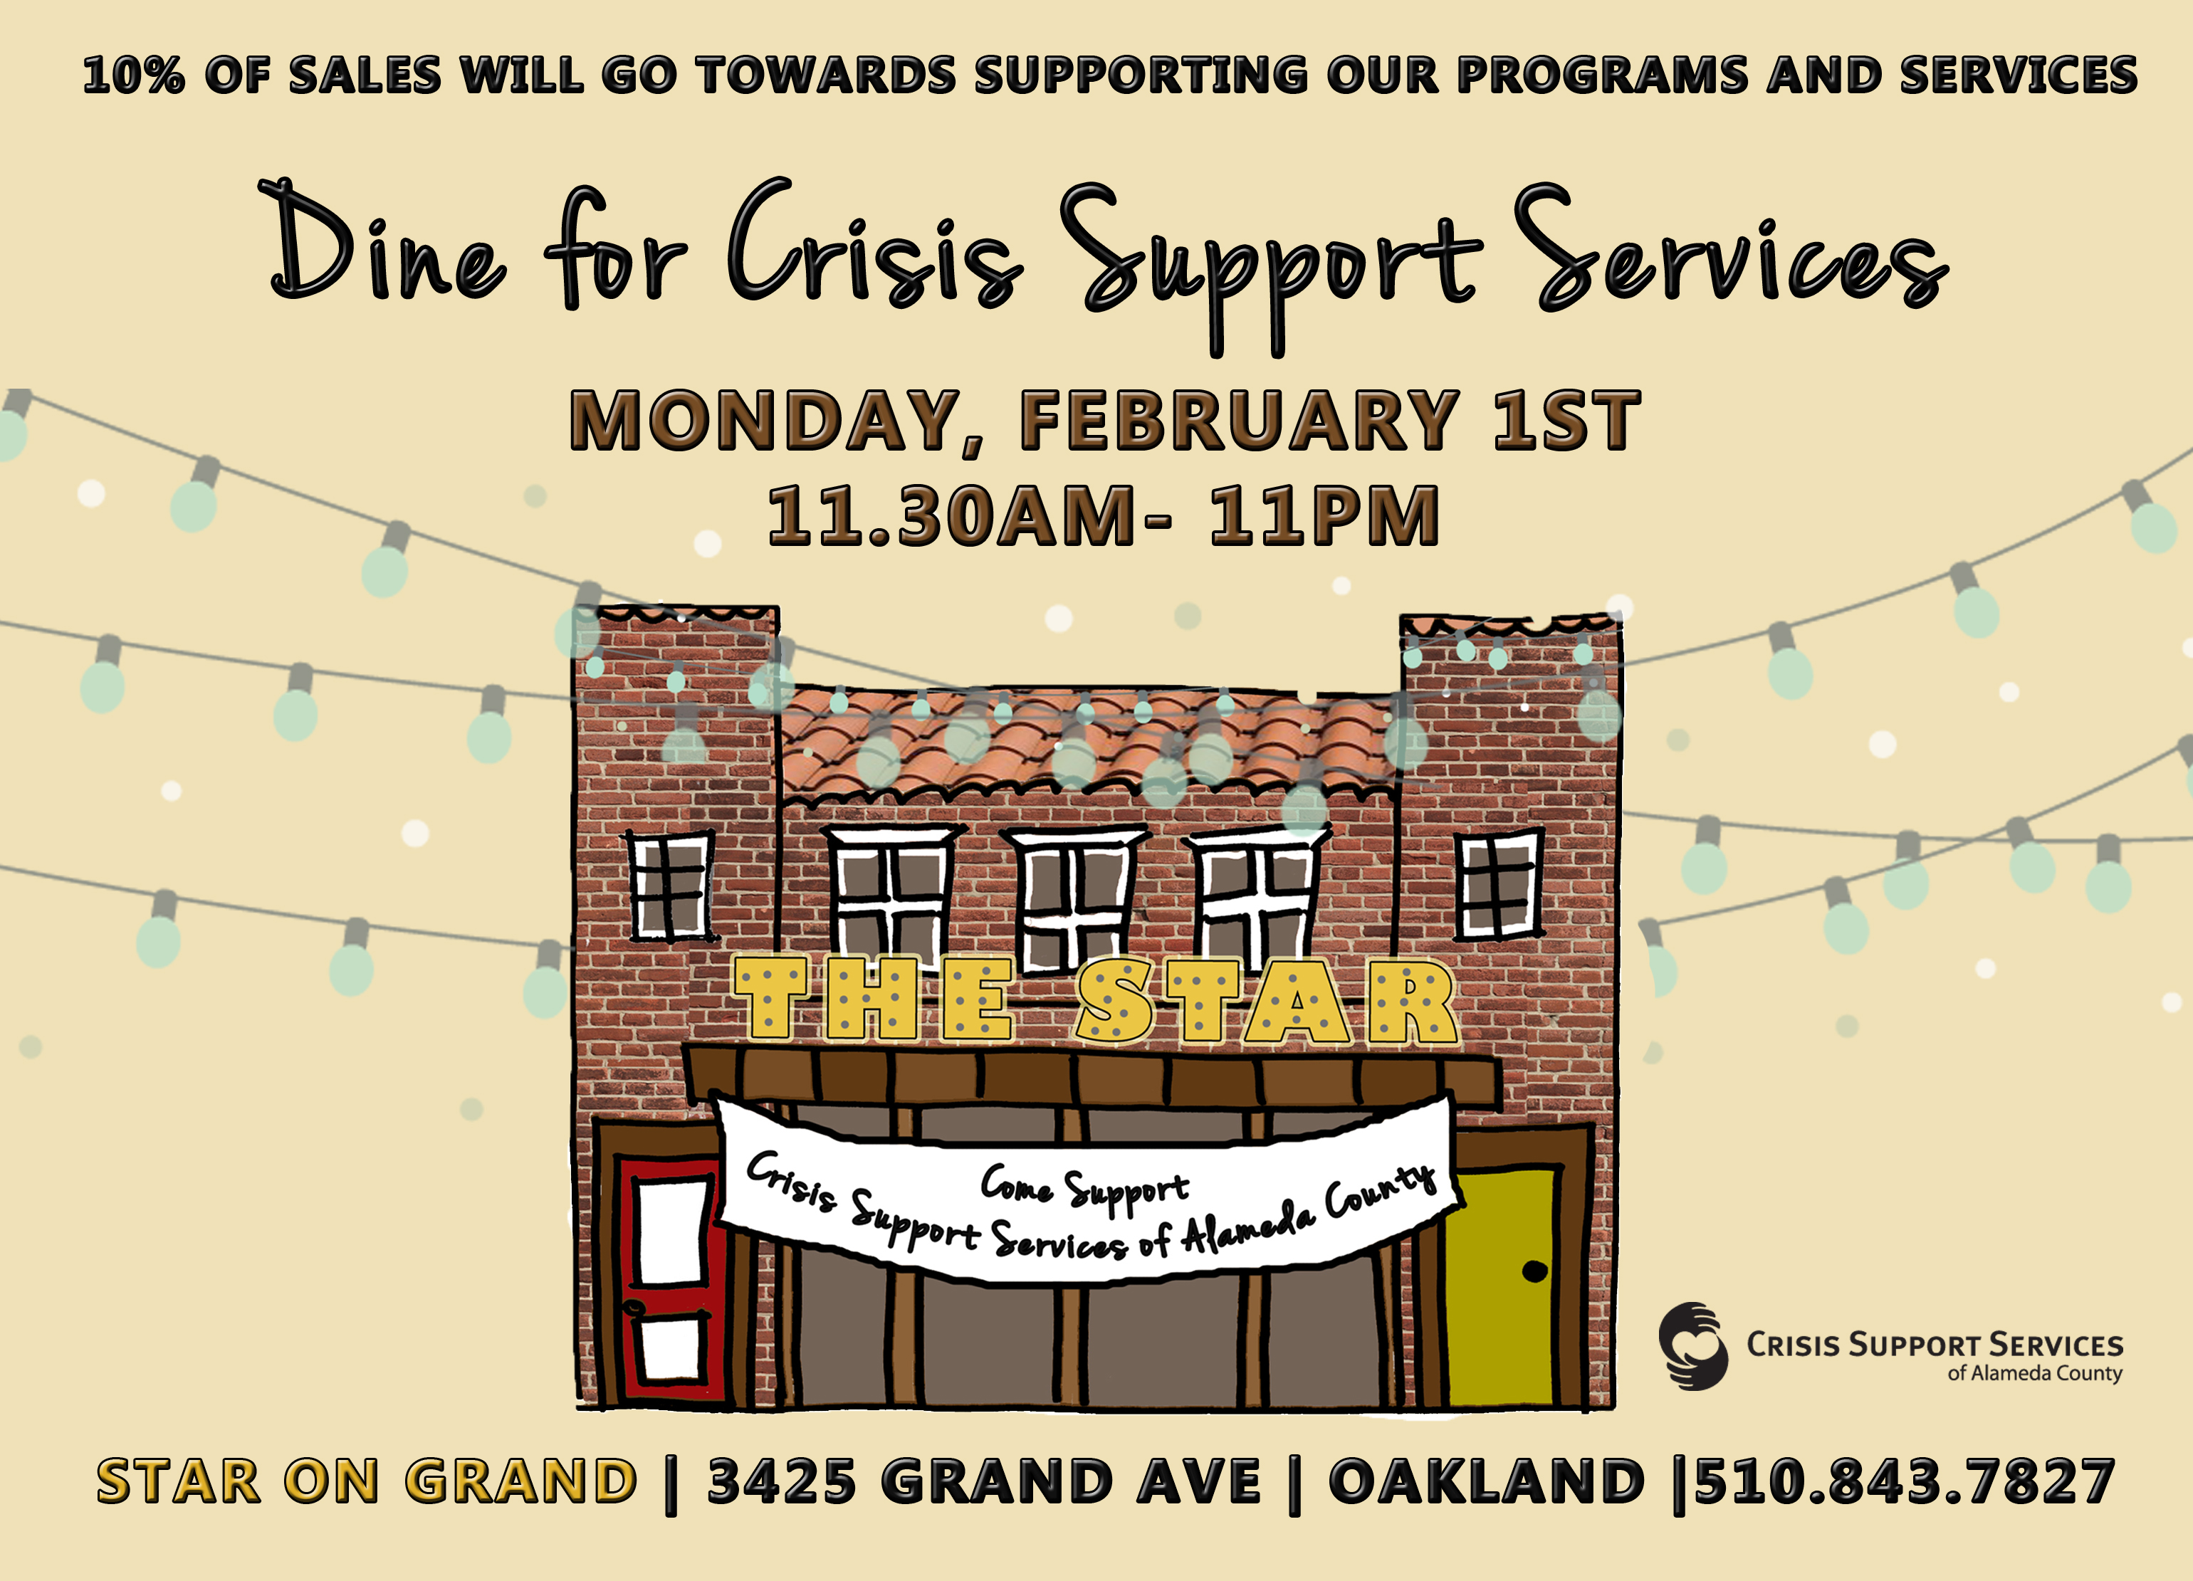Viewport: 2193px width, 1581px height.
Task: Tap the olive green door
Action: (x=1502, y=1286)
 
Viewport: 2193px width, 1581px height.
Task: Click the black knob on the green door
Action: (x=1534, y=1271)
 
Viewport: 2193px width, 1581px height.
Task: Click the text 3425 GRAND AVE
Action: (x=984, y=1481)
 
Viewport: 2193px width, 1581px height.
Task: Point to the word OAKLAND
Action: (x=1486, y=1481)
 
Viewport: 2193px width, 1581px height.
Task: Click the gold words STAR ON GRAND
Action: (x=367, y=1481)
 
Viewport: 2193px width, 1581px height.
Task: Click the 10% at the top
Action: (x=132, y=75)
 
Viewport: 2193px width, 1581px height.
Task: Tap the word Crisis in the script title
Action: (x=875, y=242)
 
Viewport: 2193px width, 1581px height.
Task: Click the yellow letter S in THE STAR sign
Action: (x=1116, y=1000)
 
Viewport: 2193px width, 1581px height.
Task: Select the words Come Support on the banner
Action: (x=1085, y=1187)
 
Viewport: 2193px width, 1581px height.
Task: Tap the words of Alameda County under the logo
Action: (x=2034, y=1373)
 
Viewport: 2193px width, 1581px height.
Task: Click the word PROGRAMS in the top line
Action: (x=1602, y=75)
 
